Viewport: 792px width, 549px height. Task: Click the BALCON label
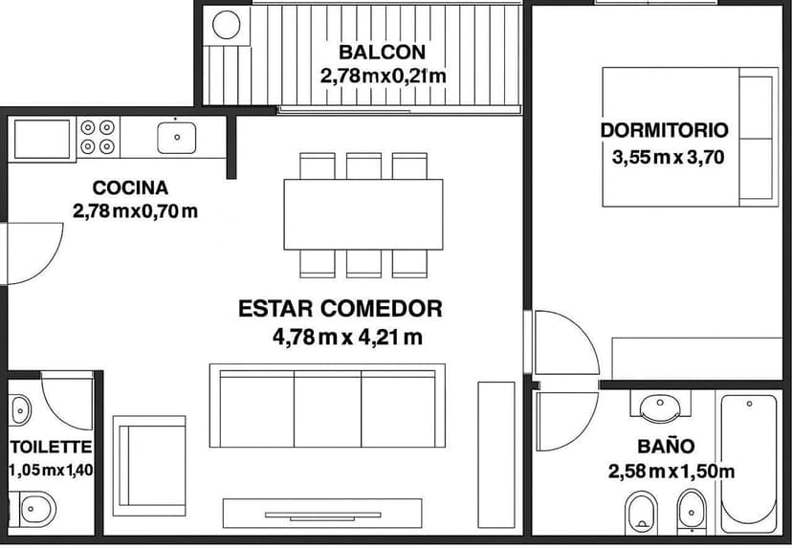click(382, 53)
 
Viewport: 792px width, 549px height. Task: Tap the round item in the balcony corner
click(227, 25)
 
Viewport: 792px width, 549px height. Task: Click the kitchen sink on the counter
click(176, 137)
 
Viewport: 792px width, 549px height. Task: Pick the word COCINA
click(130, 187)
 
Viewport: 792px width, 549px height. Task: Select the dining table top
click(363, 213)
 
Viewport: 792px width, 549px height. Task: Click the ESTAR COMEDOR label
click(340, 309)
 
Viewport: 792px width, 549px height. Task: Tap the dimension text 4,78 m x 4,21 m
click(348, 337)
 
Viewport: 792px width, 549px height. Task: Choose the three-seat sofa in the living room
click(327, 407)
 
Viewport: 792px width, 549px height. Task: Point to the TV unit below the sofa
click(321, 513)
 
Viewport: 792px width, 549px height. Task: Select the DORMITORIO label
click(664, 130)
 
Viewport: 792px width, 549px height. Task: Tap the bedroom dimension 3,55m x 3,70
click(665, 157)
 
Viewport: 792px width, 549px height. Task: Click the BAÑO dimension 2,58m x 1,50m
click(671, 471)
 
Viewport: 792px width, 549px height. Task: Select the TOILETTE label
click(51, 447)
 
